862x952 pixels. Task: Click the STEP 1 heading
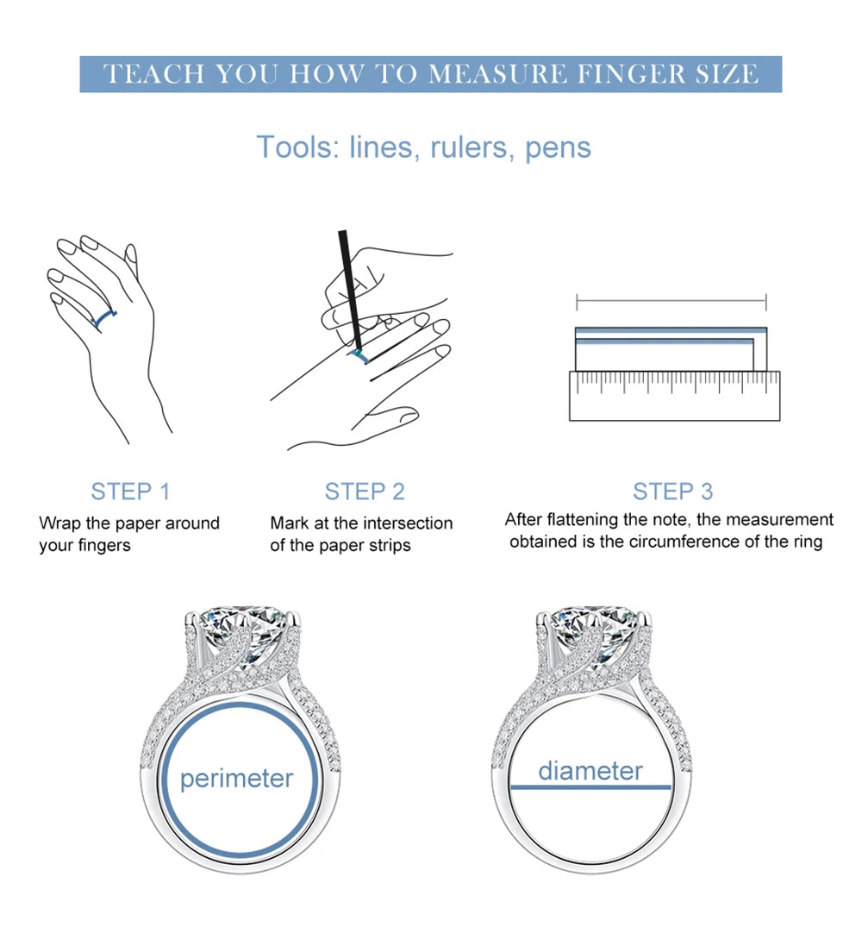click(130, 492)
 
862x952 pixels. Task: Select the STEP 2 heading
click(365, 492)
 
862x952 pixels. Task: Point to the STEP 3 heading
click(672, 492)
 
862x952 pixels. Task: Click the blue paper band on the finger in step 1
click(103, 318)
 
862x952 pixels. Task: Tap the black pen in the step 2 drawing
click(350, 291)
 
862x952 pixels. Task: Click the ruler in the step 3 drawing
click(674, 396)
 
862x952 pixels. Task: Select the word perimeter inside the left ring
click(237, 779)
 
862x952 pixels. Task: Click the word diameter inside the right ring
click(590, 770)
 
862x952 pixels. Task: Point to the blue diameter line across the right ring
click(590, 786)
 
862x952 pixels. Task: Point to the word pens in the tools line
click(558, 148)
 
